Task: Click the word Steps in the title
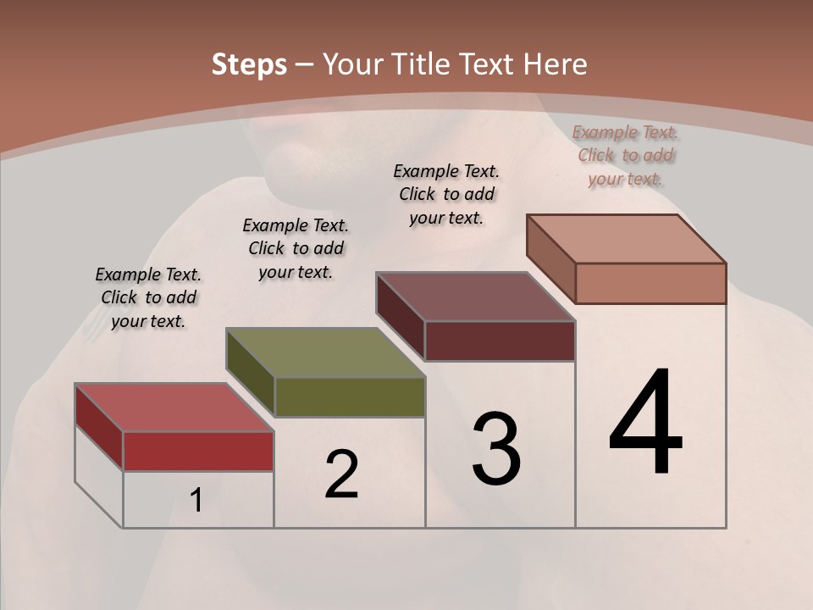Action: tap(249, 65)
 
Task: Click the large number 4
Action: tap(645, 423)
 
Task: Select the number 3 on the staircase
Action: tap(496, 448)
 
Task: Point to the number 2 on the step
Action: tap(342, 474)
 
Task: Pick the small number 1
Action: tap(196, 501)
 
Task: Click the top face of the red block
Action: tap(174, 408)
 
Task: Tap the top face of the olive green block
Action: tap(325, 352)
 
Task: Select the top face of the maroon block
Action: tap(475, 297)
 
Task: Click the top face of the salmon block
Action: tap(627, 239)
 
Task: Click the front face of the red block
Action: tap(198, 451)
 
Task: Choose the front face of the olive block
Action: tap(350, 396)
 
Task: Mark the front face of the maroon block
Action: tap(500, 341)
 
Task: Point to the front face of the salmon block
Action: tap(650, 283)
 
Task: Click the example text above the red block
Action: tap(148, 297)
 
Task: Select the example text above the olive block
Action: tap(296, 248)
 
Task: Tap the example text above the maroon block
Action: tap(446, 194)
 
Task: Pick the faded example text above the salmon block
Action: tap(625, 155)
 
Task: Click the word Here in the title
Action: tap(556, 65)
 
